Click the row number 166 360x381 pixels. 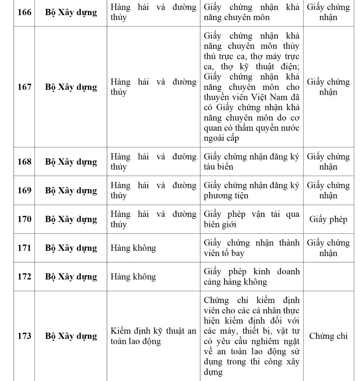pos(24,12)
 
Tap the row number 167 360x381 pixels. pos(24,87)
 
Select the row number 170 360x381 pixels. pos(24,219)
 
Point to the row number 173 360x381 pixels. pos(24,336)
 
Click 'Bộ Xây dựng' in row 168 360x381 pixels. pos(71,162)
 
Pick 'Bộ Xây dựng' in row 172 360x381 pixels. pos(71,277)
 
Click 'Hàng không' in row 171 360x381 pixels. pos(133,248)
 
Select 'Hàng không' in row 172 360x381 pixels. pos(133,277)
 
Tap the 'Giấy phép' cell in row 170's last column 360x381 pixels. pos(328,219)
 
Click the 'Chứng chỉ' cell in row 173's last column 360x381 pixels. pos(328,336)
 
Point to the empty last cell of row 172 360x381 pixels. pos(328,277)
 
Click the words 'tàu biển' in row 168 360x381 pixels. pos(219,167)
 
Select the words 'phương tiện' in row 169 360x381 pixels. pos(226,196)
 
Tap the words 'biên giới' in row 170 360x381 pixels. pos(220,224)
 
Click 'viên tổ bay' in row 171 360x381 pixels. pos(224,253)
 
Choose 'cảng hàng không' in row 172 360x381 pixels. pos(236,282)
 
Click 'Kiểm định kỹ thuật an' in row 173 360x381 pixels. pos(153,331)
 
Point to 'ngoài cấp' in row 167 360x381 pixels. pos(221,138)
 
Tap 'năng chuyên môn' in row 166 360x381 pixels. pos(237,18)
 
